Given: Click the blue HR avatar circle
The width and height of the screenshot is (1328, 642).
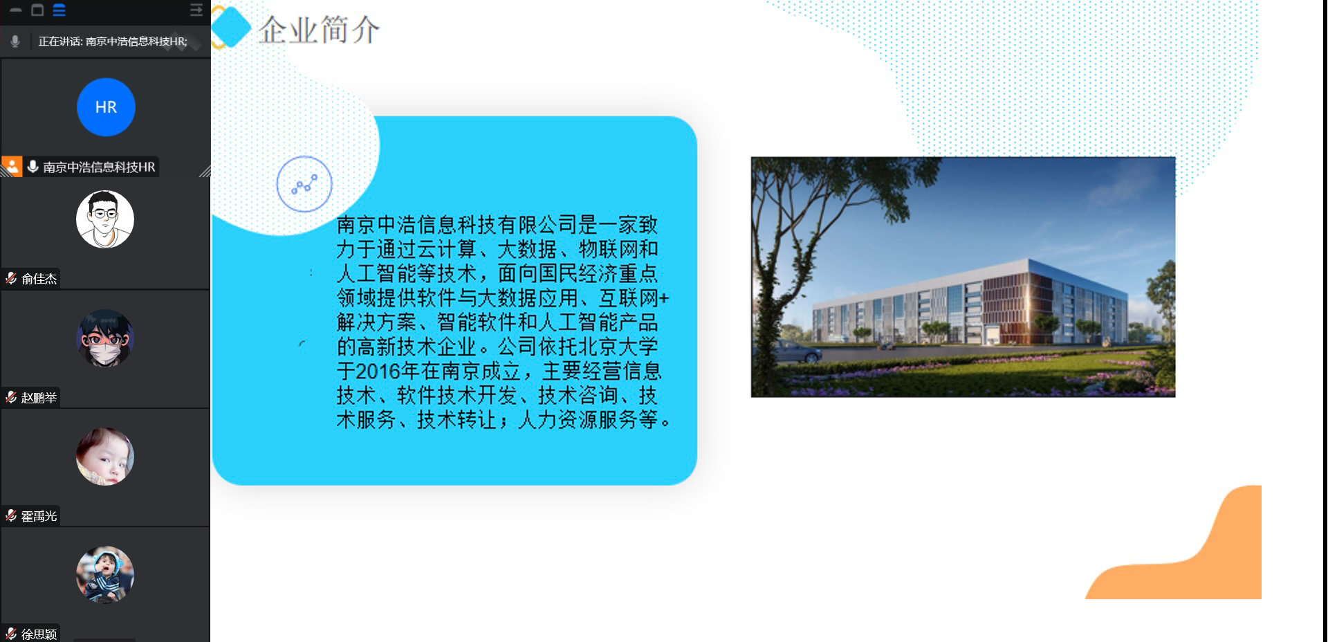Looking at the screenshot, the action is coord(106,107).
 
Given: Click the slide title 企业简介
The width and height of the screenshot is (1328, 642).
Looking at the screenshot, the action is coord(319,30).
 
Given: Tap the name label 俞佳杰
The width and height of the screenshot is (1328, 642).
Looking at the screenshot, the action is coord(39,279).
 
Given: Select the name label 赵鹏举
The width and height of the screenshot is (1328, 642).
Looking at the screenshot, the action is coord(39,398).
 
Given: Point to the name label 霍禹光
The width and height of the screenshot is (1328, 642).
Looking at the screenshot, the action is coord(39,516).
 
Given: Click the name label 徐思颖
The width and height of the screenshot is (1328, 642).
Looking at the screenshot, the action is coord(39,634).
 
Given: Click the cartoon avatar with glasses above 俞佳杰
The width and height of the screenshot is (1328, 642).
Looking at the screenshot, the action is coord(105,219).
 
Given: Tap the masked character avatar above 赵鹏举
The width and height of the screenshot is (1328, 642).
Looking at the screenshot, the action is coord(105,338).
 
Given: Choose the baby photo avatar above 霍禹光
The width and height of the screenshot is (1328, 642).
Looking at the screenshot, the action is coord(105,457).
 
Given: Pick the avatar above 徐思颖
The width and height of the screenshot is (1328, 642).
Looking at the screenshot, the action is coord(105,575).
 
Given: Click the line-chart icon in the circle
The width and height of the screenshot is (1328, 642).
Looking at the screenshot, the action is coord(304,185).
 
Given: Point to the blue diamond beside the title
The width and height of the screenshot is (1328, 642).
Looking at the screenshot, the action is coord(230,28).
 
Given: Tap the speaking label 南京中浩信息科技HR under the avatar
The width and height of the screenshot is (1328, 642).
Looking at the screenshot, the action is coord(99,167).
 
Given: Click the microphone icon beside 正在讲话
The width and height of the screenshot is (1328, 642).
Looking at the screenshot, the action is coord(15,42).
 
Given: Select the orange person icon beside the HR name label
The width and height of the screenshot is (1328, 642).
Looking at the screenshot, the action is coord(12,167).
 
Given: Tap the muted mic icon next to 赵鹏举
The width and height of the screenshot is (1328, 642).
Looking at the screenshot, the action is coord(11,397).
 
